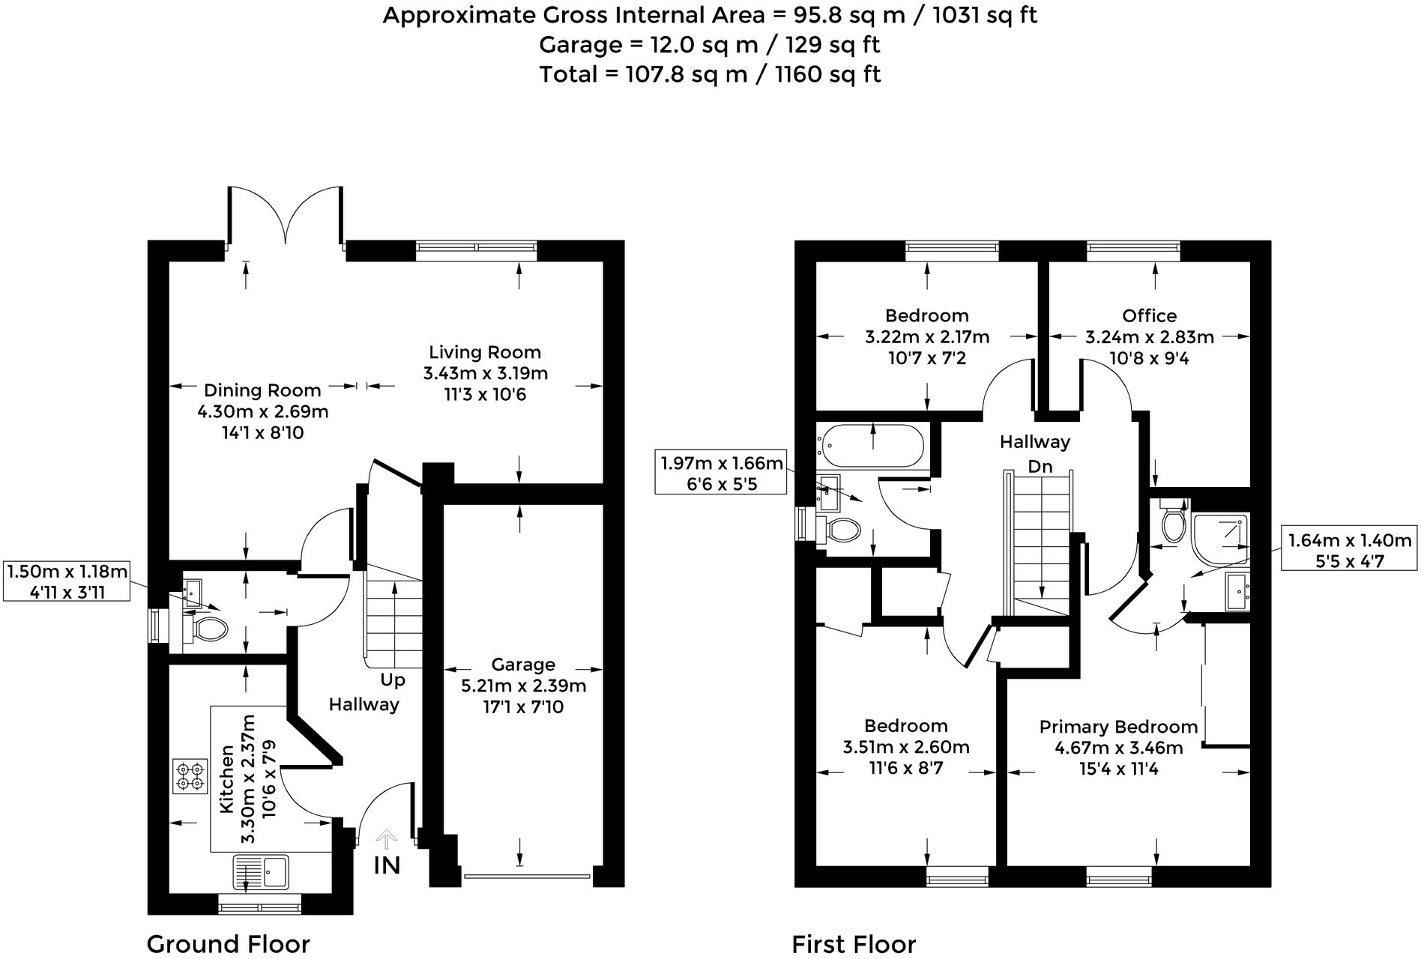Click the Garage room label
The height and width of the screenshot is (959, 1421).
(x=523, y=665)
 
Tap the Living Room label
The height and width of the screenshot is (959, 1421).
(x=485, y=352)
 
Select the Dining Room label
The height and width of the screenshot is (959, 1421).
(x=262, y=390)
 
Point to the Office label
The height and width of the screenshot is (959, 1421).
(x=1149, y=315)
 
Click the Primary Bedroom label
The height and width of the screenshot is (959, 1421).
(x=1118, y=727)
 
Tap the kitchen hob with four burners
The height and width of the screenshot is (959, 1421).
(x=190, y=776)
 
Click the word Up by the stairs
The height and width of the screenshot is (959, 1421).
(x=393, y=680)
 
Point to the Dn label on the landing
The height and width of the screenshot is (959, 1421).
(x=1040, y=467)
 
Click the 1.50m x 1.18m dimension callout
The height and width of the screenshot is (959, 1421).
(x=67, y=581)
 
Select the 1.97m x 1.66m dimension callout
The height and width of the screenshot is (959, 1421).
(x=721, y=473)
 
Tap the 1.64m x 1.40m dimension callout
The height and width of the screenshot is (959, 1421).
(x=1349, y=550)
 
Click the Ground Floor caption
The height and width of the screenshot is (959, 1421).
(x=228, y=943)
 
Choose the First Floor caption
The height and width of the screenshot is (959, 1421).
(x=854, y=944)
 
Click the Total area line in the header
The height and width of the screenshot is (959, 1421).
(x=710, y=74)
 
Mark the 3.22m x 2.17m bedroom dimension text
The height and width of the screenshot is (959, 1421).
(x=927, y=337)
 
